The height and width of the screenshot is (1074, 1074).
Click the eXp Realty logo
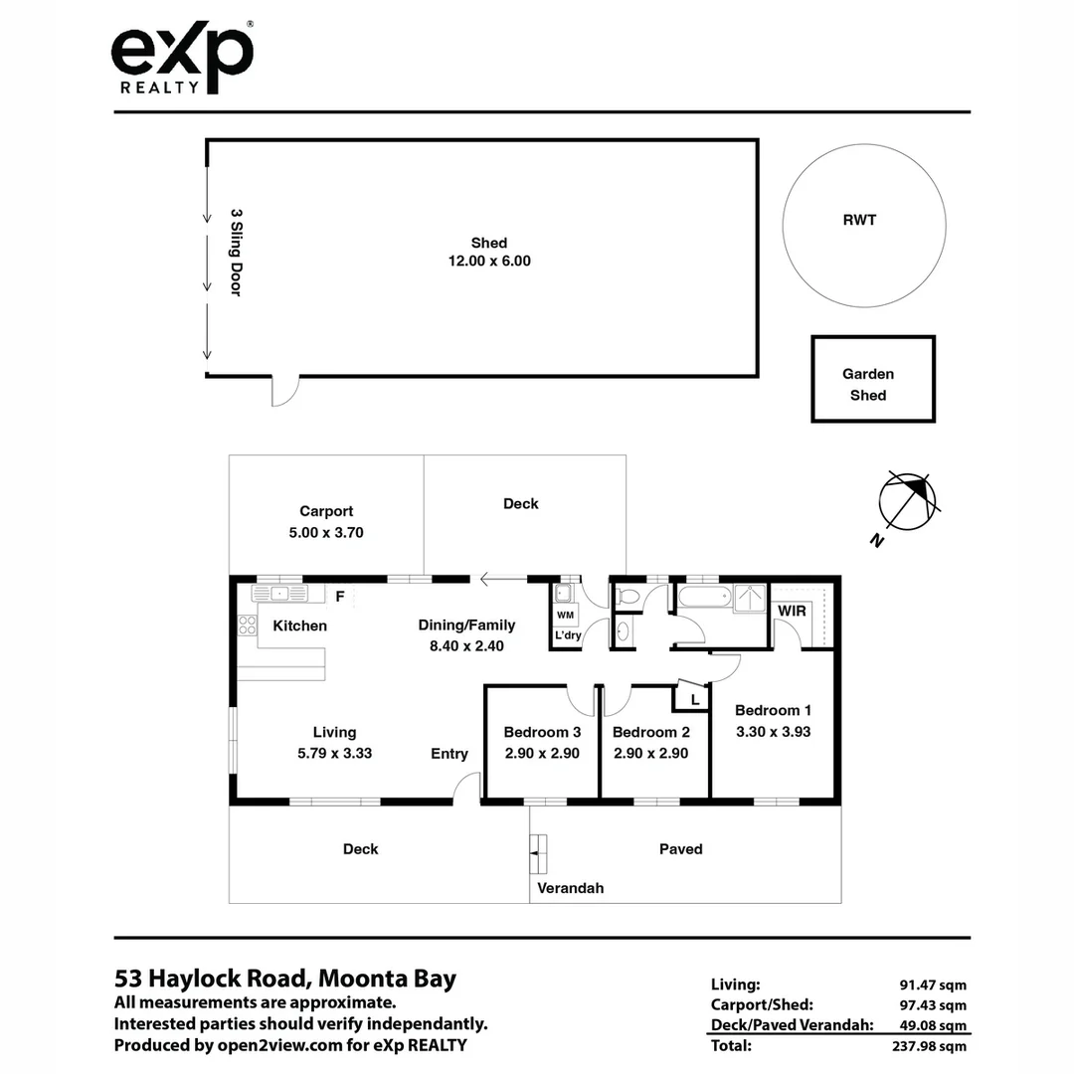(182, 57)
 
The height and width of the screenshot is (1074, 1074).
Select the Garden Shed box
(872, 380)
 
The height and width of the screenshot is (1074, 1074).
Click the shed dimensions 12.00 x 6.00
(489, 262)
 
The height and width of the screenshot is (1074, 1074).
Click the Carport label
(326, 511)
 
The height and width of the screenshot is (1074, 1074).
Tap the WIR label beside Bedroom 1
(792, 611)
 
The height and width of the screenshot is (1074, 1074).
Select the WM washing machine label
(565, 616)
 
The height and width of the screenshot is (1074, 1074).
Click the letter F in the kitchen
(339, 597)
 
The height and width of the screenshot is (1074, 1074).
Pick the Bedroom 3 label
(541, 733)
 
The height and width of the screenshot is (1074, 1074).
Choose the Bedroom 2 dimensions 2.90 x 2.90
(650, 753)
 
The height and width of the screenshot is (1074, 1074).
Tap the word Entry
(449, 754)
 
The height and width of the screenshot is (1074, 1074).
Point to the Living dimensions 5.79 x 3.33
(334, 753)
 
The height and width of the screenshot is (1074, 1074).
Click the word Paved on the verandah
(681, 849)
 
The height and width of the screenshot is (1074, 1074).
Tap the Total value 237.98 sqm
(930, 1045)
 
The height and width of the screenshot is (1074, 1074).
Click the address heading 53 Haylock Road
(285, 979)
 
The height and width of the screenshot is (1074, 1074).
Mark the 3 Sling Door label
(237, 253)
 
